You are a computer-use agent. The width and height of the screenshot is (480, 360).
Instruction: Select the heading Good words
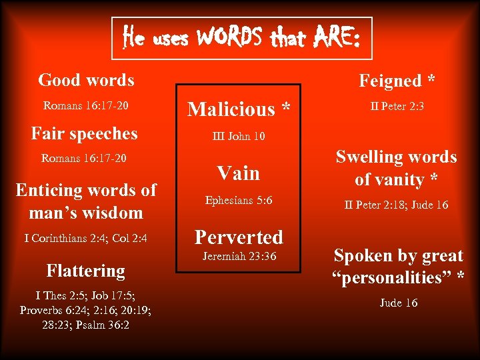[x=86, y=80]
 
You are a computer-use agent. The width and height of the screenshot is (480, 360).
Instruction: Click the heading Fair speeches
[x=85, y=133]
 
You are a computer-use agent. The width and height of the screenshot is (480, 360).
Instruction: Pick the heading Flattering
[x=85, y=271]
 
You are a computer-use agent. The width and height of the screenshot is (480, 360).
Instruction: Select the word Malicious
[x=231, y=109]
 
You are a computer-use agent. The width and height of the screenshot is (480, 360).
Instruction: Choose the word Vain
[x=238, y=173]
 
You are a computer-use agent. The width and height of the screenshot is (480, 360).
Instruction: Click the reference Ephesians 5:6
[x=238, y=200]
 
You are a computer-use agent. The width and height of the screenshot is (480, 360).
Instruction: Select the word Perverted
[x=238, y=237]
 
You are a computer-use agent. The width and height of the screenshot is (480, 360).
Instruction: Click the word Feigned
[x=390, y=81]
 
